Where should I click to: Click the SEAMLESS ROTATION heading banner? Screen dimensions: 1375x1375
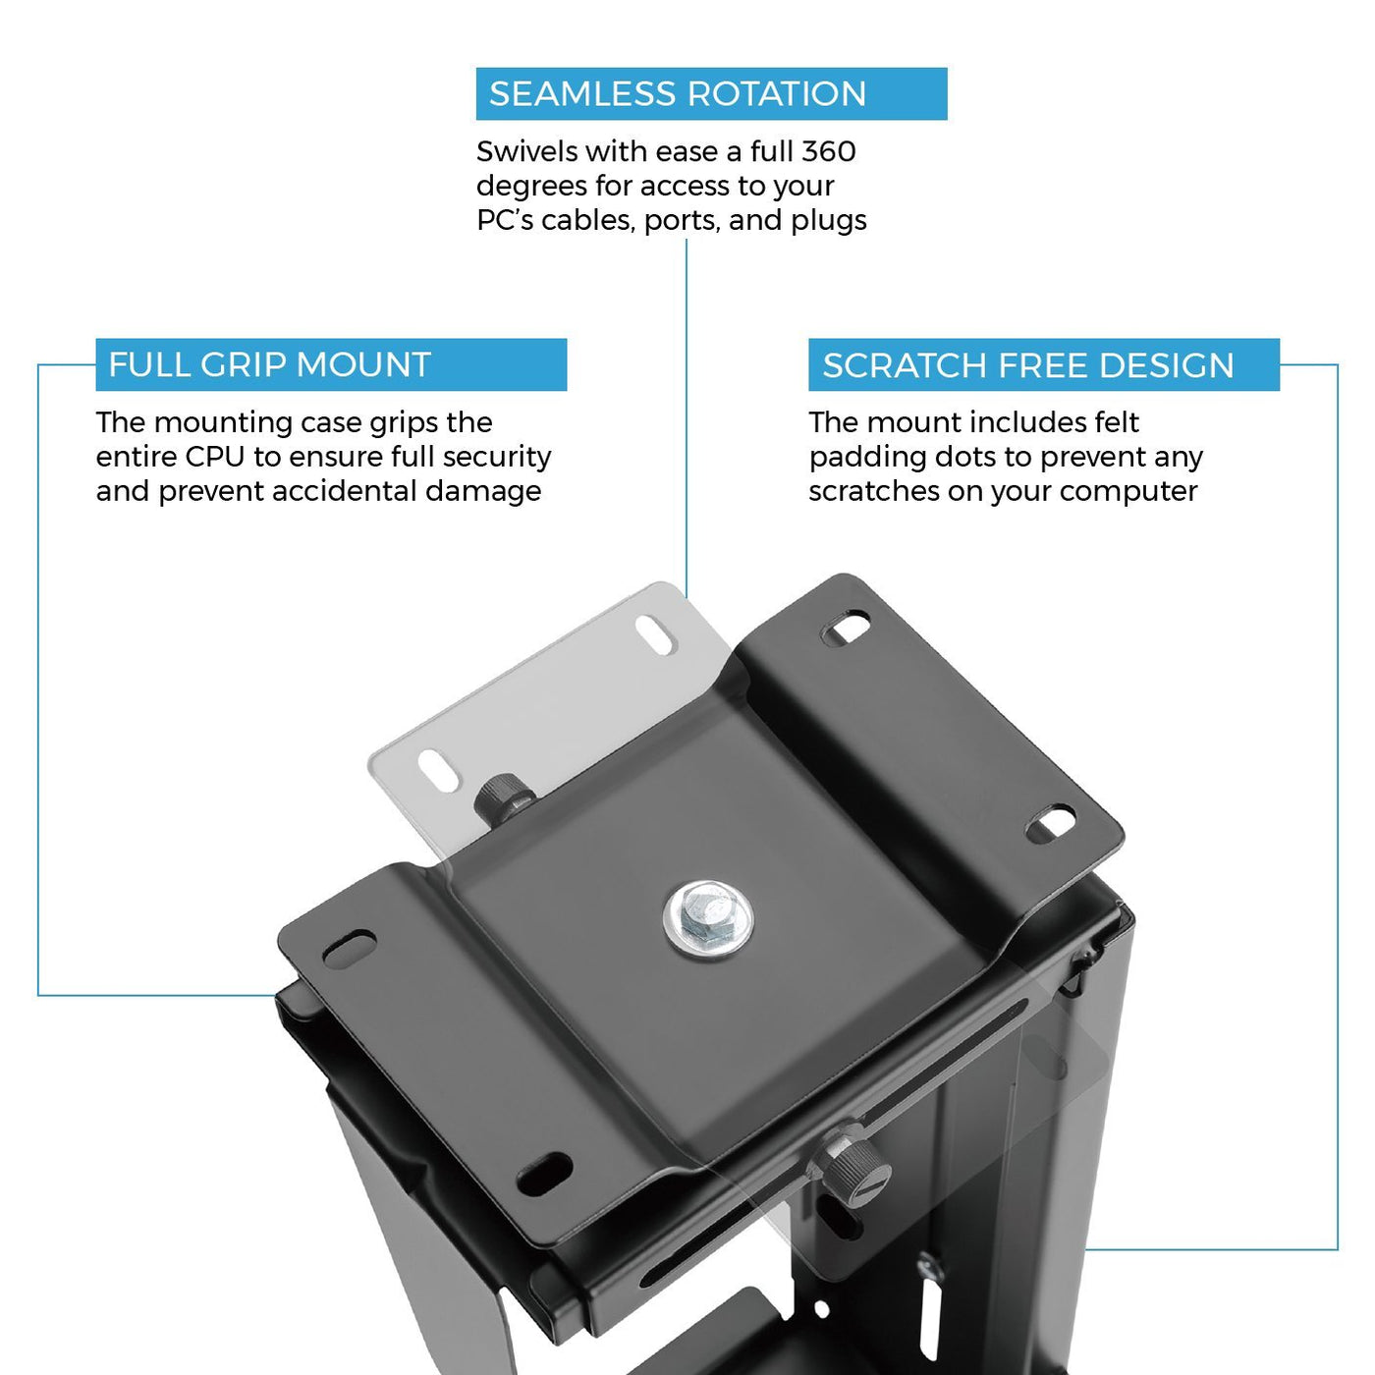coord(711,93)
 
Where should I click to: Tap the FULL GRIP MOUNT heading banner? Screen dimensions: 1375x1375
coord(331,364)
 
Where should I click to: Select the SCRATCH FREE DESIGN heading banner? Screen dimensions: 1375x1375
coord(1044,364)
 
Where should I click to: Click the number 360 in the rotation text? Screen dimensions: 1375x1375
coord(828,151)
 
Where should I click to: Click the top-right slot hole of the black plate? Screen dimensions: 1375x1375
coord(847,628)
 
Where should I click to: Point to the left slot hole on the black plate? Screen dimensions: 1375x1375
coord(349,948)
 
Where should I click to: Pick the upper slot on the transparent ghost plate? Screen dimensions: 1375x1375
coord(656,634)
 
